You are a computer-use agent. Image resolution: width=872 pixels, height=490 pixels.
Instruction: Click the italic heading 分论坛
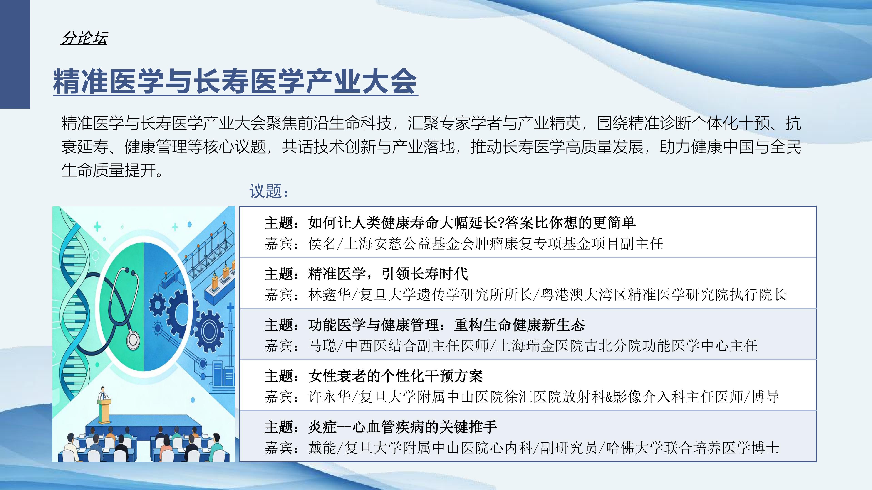click(84, 38)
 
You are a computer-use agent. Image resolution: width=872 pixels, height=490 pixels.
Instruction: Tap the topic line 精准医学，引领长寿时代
click(388, 274)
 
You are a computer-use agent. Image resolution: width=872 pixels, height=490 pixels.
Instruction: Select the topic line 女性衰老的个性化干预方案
click(395, 376)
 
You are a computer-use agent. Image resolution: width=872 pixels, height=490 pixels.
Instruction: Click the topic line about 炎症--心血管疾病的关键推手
click(402, 427)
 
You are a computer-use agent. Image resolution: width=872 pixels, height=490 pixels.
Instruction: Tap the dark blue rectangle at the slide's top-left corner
click(15, 54)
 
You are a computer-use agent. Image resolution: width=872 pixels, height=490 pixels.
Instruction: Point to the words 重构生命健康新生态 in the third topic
click(519, 325)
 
